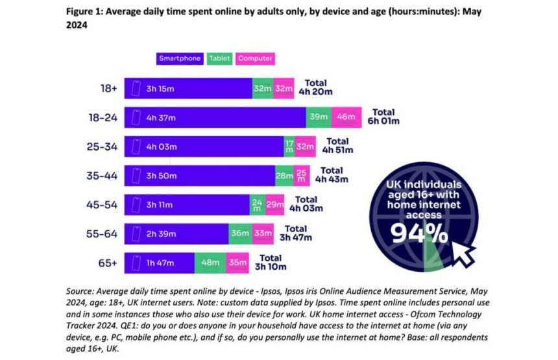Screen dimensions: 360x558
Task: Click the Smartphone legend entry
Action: click(x=180, y=58)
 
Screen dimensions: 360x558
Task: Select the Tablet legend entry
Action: click(x=220, y=58)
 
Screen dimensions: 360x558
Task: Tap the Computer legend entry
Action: click(x=254, y=58)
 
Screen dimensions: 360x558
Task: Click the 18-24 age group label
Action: click(x=103, y=117)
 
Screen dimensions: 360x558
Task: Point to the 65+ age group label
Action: click(x=108, y=263)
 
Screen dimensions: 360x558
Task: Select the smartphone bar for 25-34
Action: click(x=203, y=147)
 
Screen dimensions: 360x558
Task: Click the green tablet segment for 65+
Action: click(x=210, y=263)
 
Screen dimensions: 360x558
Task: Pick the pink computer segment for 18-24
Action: click(x=343, y=117)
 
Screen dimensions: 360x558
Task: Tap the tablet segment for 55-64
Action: click(x=239, y=234)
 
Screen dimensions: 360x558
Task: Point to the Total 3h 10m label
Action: click(x=270, y=262)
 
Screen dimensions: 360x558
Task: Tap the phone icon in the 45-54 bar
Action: click(x=137, y=205)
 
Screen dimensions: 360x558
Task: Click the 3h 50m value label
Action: click(x=160, y=176)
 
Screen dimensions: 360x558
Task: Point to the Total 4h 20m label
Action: click(x=315, y=88)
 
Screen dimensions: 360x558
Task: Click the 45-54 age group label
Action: click(x=103, y=205)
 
